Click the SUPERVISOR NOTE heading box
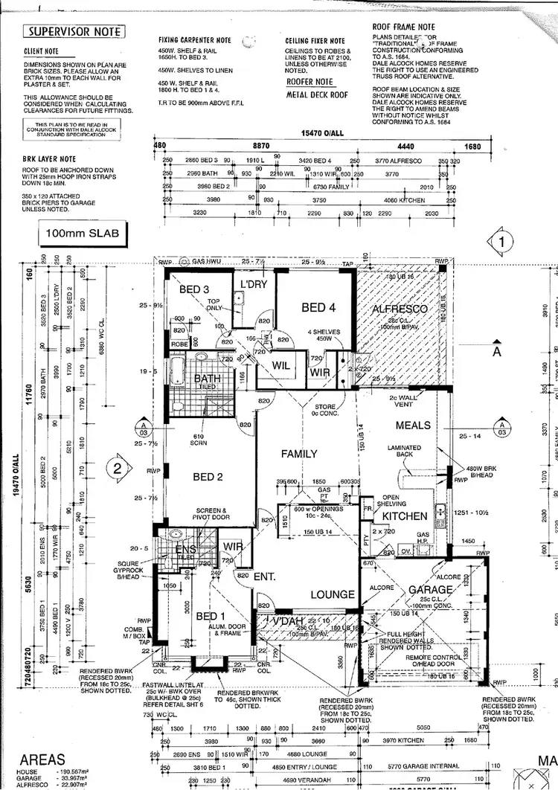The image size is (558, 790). coord(74,32)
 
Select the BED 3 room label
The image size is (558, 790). coord(193,289)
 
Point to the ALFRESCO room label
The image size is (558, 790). coord(402,309)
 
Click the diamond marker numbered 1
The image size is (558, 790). coord(505,241)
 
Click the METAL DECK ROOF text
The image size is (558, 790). coord(317,95)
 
